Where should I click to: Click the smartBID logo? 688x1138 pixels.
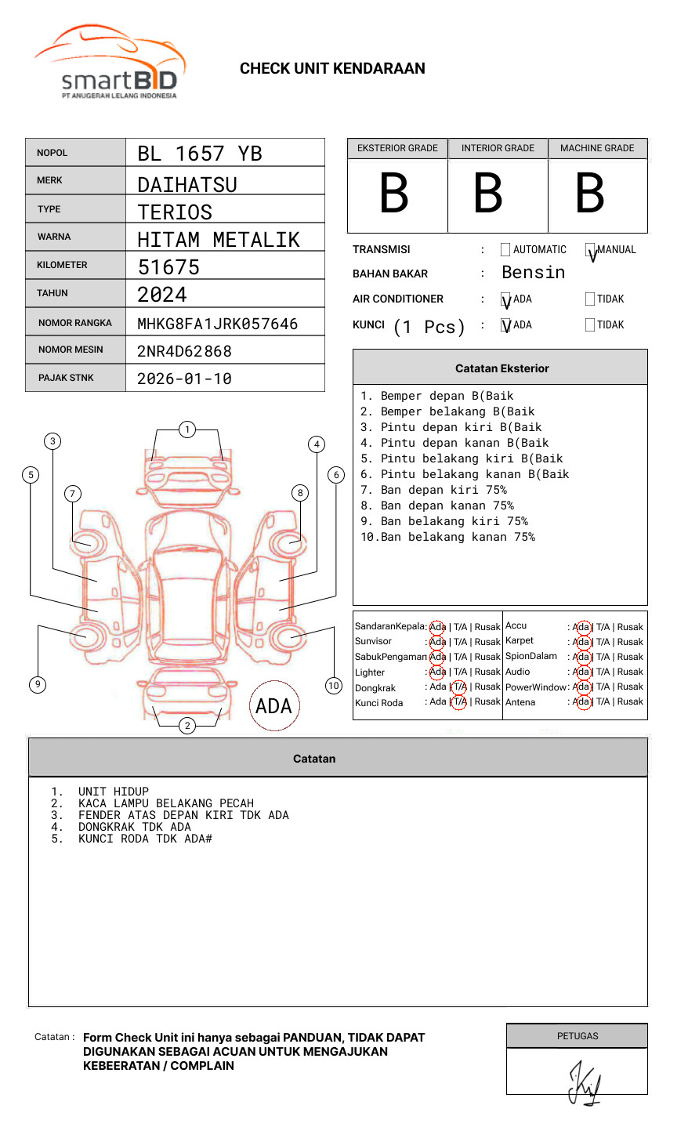110,63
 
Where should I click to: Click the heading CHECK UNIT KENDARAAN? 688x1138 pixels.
332,69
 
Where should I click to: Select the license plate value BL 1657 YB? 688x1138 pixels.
200,154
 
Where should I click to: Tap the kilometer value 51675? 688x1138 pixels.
168,267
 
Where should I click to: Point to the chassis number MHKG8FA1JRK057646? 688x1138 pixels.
217,324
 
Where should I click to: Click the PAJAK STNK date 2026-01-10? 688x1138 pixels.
184,379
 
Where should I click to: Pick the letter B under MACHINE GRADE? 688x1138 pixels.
589,194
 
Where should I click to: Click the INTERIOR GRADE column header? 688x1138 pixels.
498,148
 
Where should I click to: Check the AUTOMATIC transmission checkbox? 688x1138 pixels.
505,250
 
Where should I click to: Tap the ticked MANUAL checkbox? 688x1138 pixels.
591,251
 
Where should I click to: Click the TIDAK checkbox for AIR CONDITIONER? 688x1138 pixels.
590,299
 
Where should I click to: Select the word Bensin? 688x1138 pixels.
533,273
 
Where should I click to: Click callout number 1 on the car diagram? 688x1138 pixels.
186,429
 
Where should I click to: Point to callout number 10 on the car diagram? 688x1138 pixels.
334,686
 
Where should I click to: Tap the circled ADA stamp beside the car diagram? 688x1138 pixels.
273,706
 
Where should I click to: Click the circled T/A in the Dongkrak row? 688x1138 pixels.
459,687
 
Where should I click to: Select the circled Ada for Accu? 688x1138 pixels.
581,627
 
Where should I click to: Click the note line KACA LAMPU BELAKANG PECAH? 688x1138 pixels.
165,803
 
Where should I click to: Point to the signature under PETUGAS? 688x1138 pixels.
584,1084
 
